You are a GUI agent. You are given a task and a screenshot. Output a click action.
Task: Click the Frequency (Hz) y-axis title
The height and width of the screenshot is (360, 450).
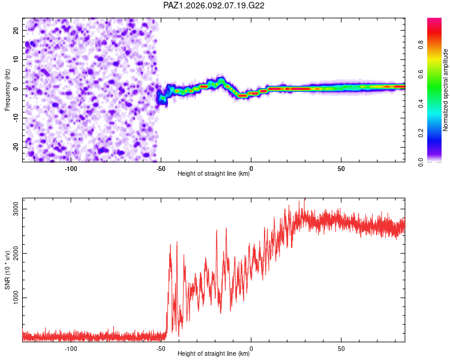tap(7, 89)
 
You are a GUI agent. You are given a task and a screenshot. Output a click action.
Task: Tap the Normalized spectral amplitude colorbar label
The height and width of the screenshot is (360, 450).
tap(446, 90)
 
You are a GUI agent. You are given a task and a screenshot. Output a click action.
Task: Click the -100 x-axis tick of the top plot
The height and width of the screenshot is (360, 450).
tap(71, 167)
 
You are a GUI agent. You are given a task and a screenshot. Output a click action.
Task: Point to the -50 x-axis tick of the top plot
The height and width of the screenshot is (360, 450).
tap(161, 167)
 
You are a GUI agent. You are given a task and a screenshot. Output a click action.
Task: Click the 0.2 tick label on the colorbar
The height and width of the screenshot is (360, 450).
tap(421, 133)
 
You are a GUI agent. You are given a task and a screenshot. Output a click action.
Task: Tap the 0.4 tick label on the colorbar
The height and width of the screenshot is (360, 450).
tap(421, 103)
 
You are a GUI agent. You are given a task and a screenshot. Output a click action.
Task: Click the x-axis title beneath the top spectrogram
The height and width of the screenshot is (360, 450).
tap(214, 173)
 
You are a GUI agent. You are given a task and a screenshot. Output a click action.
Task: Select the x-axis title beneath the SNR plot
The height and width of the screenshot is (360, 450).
tap(214, 354)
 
